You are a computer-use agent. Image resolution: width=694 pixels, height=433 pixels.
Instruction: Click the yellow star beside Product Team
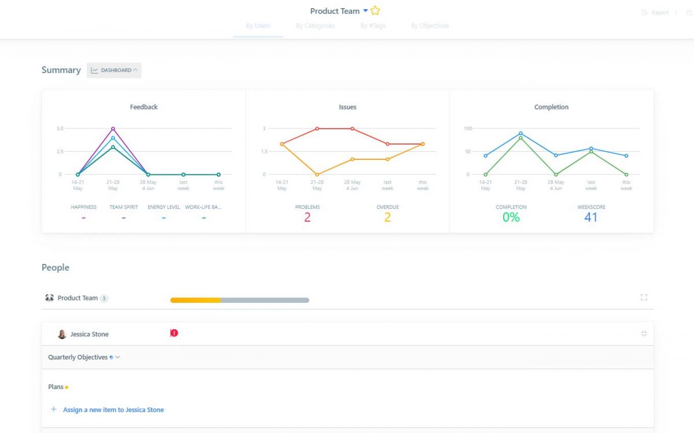(x=375, y=11)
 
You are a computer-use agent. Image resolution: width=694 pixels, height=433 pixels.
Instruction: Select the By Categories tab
(x=315, y=25)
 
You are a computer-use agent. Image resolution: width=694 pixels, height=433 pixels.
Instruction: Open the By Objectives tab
(x=430, y=25)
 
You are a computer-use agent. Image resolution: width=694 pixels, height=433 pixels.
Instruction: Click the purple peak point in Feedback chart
(x=113, y=129)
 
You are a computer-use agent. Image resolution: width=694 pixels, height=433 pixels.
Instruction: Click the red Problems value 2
(x=307, y=218)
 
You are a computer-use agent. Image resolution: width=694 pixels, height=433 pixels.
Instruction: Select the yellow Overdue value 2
(x=387, y=218)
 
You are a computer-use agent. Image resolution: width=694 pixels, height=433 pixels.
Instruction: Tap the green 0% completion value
(x=511, y=218)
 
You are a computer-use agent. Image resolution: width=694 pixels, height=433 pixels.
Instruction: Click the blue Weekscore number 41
(x=590, y=218)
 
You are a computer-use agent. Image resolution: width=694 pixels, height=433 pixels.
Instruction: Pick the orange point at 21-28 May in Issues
(x=317, y=174)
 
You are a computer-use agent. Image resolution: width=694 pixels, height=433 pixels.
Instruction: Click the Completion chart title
(x=551, y=107)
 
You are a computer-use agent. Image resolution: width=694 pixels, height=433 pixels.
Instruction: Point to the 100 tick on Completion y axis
(x=468, y=129)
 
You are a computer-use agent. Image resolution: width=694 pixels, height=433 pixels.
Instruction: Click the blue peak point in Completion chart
(x=520, y=133)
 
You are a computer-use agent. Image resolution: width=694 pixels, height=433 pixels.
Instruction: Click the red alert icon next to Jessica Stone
(x=174, y=333)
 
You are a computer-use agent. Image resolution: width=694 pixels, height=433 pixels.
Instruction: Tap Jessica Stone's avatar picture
(x=62, y=335)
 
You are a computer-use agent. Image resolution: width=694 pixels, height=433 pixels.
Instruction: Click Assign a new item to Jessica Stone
(x=113, y=410)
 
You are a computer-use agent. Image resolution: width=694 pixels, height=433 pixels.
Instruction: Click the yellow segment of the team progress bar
(x=195, y=300)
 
